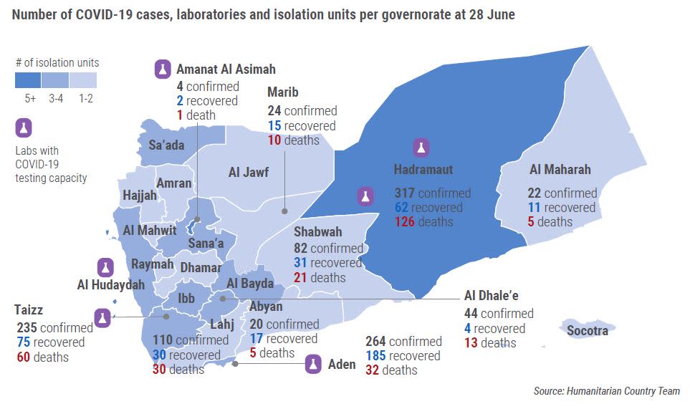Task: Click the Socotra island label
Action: coord(587,330)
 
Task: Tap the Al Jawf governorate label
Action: coord(249,172)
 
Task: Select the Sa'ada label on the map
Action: coord(166,145)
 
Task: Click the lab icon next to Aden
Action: coord(313,364)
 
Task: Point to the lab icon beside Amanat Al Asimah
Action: coord(163,69)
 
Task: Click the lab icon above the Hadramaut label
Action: coord(421,148)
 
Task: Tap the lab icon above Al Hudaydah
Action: coord(106,267)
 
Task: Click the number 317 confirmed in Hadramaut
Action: coord(406,193)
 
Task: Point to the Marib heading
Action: coord(282,92)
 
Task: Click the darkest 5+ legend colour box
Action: coord(29,80)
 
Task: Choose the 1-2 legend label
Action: coord(85,98)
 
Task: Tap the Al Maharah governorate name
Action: coord(560,170)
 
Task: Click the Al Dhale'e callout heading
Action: coord(491,296)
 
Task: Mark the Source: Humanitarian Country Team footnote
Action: coord(606,391)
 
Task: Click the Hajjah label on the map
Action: coord(139,196)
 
